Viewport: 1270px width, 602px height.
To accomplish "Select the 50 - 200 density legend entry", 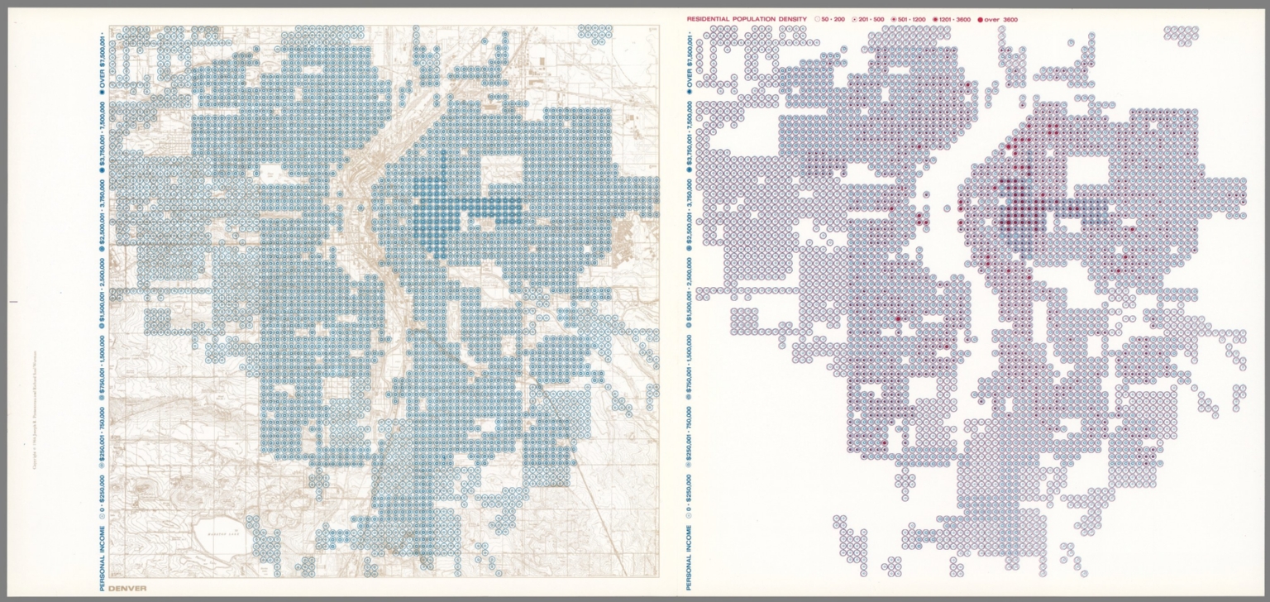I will point(828,18).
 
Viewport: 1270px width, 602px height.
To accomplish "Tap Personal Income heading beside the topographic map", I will point(102,553).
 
